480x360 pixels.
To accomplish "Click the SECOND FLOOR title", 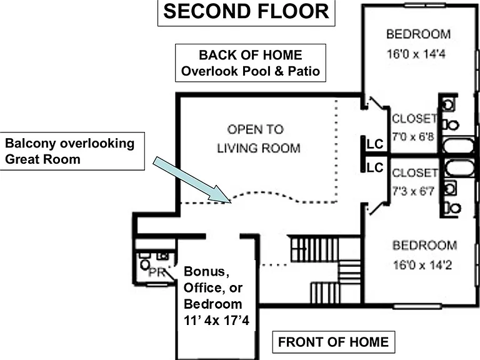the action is pyautogui.click(x=246, y=12).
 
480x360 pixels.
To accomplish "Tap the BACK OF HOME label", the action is pyautogui.click(x=251, y=55).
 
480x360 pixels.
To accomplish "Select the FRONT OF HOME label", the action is pyautogui.click(x=333, y=342).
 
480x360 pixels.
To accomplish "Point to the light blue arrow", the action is pyautogui.click(x=192, y=180).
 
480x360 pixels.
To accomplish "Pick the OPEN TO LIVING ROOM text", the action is pyautogui.click(x=259, y=139).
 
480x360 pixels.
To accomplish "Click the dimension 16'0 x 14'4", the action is pyautogui.click(x=416, y=54).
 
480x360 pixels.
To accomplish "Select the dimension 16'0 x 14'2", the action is pyautogui.click(x=422, y=265).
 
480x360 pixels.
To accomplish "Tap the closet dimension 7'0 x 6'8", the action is pyautogui.click(x=413, y=136).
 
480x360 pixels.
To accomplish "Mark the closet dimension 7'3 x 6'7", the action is pyautogui.click(x=413, y=191).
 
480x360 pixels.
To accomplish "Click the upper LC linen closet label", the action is pyautogui.click(x=375, y=144).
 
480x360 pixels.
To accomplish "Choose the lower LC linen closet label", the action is pyautogui.click(x=375, y=167).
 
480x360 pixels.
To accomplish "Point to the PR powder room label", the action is pyautogui.click(x=157, y=272).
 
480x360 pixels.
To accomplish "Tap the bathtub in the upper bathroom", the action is pyautogui.click(x=459, y=146).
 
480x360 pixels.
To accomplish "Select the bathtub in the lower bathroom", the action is pyautogui.click(x=459, y=168).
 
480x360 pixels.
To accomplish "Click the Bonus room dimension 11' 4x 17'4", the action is pyautogui.click(x=216, y=321).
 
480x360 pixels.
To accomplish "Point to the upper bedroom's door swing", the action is pyautogui.click(x=377, y=103).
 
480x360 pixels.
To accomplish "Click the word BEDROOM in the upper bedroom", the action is pyautogui.click(x=419, y=34).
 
